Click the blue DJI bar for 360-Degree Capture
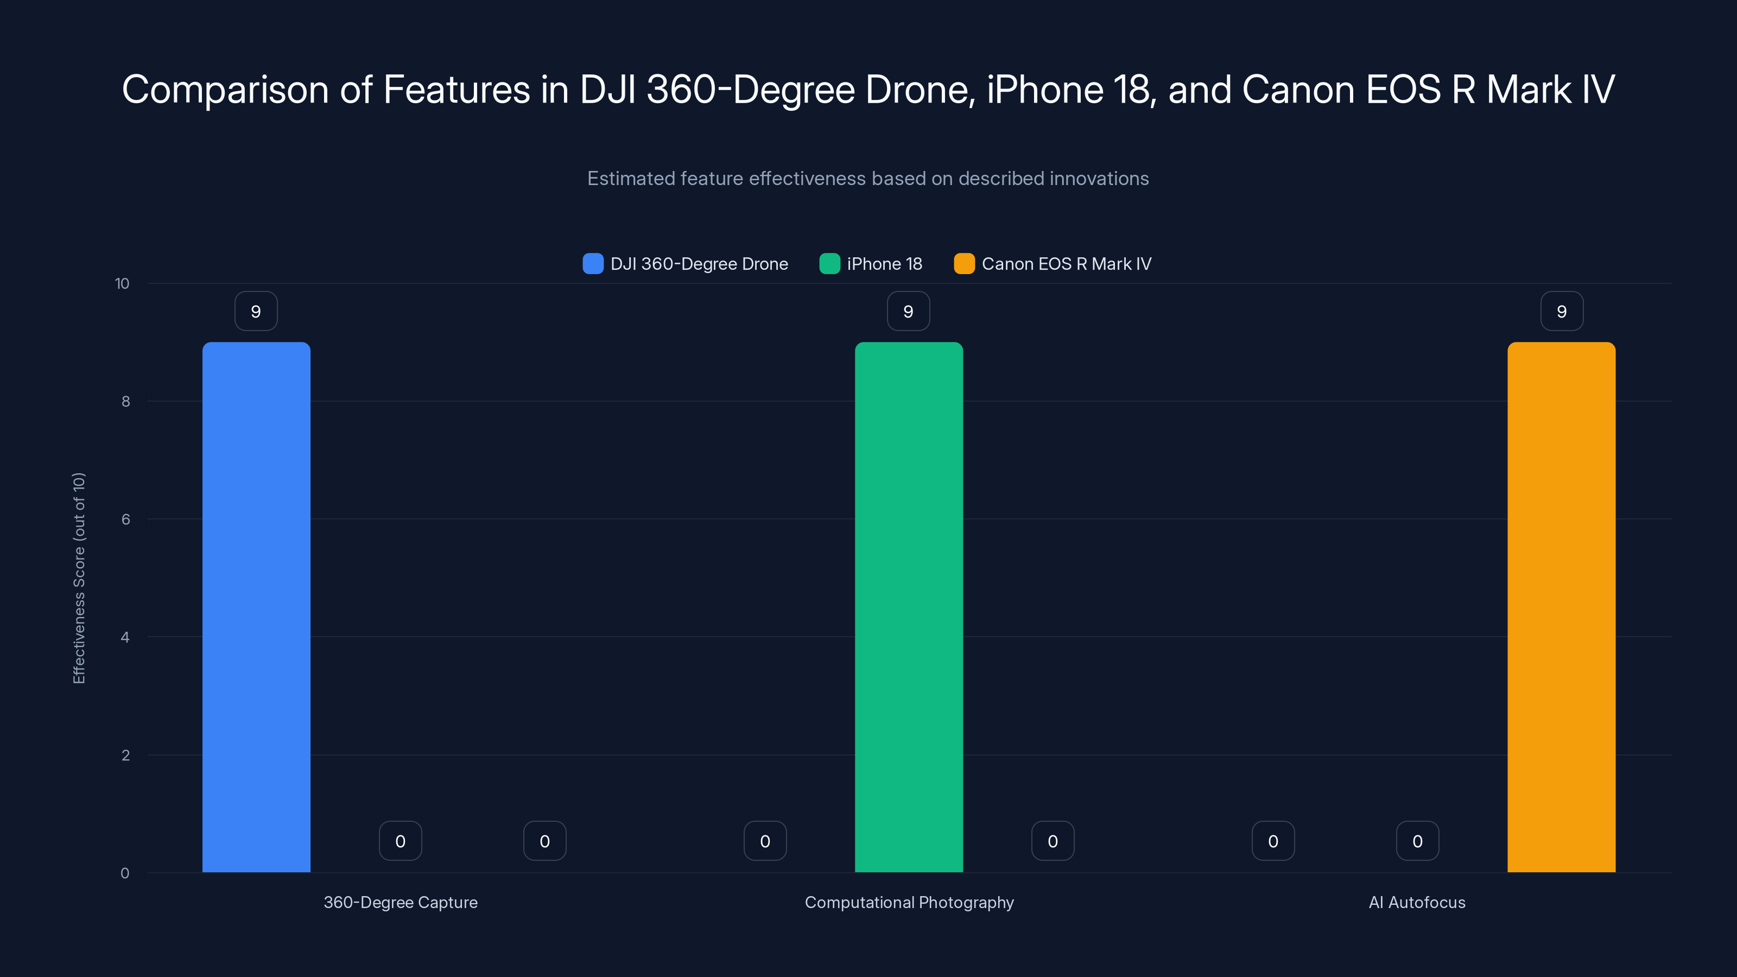256,607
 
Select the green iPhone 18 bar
908,607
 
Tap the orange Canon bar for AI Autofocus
1561,607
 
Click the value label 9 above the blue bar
256,312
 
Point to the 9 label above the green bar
908,312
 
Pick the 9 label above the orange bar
1562,312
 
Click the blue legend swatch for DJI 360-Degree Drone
593,264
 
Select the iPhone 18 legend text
884,264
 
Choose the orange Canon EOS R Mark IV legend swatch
964,264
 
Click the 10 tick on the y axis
122,283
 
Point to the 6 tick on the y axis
125,519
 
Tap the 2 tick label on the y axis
125,755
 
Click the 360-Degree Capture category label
401,902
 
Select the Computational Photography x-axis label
909,902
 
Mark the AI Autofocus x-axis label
1417,902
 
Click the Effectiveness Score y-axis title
79,578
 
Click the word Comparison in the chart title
225,90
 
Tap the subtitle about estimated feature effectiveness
868,179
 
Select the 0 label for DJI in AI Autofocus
1273,841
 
